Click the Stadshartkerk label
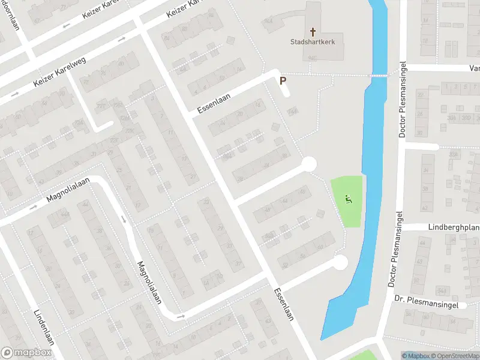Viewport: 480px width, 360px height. [312, 43]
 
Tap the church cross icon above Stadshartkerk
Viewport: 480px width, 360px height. [312, 31]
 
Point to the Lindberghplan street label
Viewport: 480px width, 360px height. [453, 227]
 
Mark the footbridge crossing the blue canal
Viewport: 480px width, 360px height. [379, 75]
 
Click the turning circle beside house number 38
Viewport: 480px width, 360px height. [309, 164]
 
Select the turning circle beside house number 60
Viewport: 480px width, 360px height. [340, 262]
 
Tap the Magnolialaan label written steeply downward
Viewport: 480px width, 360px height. [149, 282]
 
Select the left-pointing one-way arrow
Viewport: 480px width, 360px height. [67, 26]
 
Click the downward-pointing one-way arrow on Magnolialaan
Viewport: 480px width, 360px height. [125, 220]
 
